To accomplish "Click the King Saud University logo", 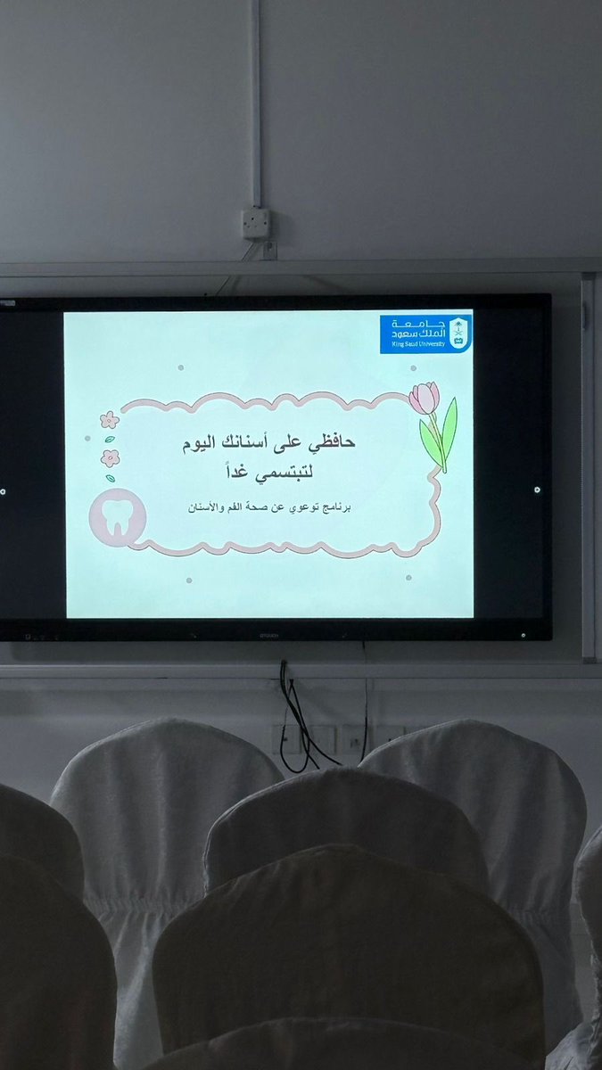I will pyautogui.click(x=425, y=333).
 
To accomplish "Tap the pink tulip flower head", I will pyautogui.click(x=424, y=398).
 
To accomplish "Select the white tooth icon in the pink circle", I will pyautogui.click(x=117, y=515).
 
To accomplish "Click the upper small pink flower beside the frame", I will pyautogui.click(x=110, y=419).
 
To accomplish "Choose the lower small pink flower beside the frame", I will pyautogui.click(x=111, y=457).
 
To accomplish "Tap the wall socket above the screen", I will pyautogui.click(x=257, y=223).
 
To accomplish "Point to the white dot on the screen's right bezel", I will pyautogui.click(x=536, y=490).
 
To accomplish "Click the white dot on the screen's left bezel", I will pyautogui.click(x=4, y=490).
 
